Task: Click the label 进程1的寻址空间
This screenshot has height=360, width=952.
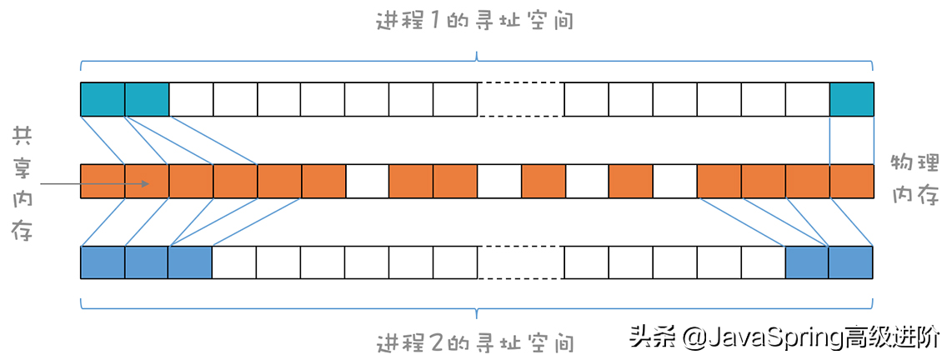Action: pyautogui.click(x=475, y=21)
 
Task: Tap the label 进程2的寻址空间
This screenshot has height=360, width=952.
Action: pyautogui.click(x=475, y=342)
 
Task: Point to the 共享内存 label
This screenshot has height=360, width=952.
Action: pyautogui.click(x=22, y=183)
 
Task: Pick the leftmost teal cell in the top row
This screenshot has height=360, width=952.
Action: pyautogui.click(x=103, y=99)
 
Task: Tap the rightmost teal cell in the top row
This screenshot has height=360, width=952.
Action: pyautogui.click(x=851, y=99)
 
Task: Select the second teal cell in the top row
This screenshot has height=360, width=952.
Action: pyautogui.click(x=147, y=99)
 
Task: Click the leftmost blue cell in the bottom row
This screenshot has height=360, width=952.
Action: pyautogui.click(x=103, y=262)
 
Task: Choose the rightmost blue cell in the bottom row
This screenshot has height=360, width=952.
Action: pyautogui.click(x=851, y=262)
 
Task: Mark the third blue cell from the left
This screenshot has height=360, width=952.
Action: pyautogui.click(x=190, y=262)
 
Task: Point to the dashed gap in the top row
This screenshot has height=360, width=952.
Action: pyautogui.click(x=520, y=99)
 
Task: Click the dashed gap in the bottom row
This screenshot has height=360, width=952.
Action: pyautogui.click(x=520, y=262)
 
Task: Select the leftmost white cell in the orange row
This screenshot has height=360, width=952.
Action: pyautogui.click(x=367, y=181)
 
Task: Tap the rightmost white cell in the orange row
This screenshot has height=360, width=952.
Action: pyautogui.click(x=674, y=181)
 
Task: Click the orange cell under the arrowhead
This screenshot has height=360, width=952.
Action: pyautogui.click(x=147, y=181)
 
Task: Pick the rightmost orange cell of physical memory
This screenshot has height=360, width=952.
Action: pyautogui.click(x=851, y=181)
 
